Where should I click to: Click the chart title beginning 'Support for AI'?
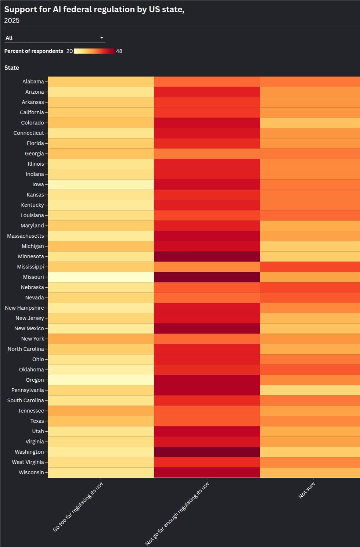click(94, 9)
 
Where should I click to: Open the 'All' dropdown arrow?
click(102, 37)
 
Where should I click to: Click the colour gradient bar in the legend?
click(94, 51)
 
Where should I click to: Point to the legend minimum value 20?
click(69, 51)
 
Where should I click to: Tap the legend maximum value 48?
click(119, 51)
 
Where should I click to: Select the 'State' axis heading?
click(11, 68)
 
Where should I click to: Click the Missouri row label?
click(33, 277)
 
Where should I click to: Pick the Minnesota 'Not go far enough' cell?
click(207, 256)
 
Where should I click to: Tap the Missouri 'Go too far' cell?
click(101, 277)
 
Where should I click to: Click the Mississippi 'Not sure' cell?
click(310, 267)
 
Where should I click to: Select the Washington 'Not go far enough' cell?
click(207, 452)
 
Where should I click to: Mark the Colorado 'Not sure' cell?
click(310, 123)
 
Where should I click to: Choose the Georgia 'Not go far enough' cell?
click(207, 154)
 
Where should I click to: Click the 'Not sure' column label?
click(307, 490)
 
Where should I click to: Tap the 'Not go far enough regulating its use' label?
click(177, 514)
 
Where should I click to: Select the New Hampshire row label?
click(24, 308)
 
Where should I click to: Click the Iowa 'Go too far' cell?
click(101, 184)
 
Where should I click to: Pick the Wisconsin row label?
click(32, 472)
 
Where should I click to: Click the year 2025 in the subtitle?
click(12, 21)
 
